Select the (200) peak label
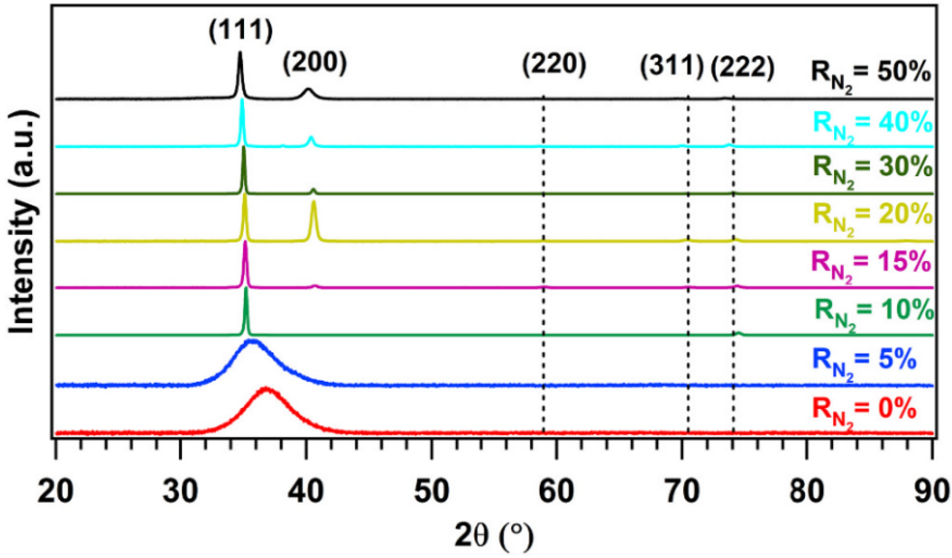[314, 64]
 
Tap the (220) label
[554, 64]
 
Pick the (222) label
[742, 67]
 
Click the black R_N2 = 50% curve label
[871, 75]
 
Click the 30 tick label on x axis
[181, 492]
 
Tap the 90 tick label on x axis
[932, 492]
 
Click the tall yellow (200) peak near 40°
[314, 203]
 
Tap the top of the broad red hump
[266, 389]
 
